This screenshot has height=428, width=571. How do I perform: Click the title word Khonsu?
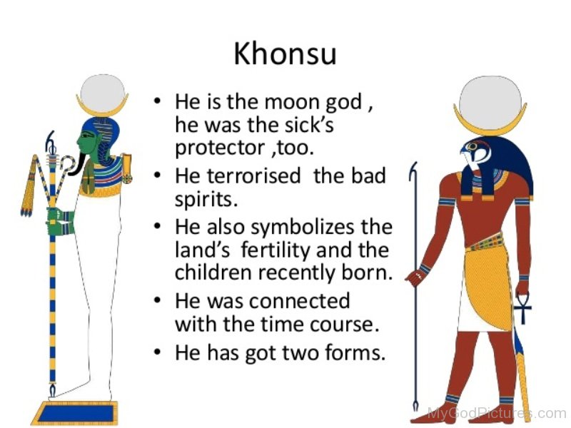285,54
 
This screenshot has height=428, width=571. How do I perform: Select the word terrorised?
253,175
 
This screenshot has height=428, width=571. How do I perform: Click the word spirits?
206,200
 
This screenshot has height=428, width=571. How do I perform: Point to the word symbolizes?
303,227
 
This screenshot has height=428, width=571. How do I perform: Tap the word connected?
299,301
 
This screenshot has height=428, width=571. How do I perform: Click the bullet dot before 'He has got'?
157,352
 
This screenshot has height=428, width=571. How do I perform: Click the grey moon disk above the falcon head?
490,101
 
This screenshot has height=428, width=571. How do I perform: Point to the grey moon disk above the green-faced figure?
102,93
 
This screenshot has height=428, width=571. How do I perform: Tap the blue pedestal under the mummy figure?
76,413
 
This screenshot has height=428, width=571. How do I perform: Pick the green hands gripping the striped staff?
61,221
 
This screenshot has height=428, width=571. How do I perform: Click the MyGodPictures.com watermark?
496,413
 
